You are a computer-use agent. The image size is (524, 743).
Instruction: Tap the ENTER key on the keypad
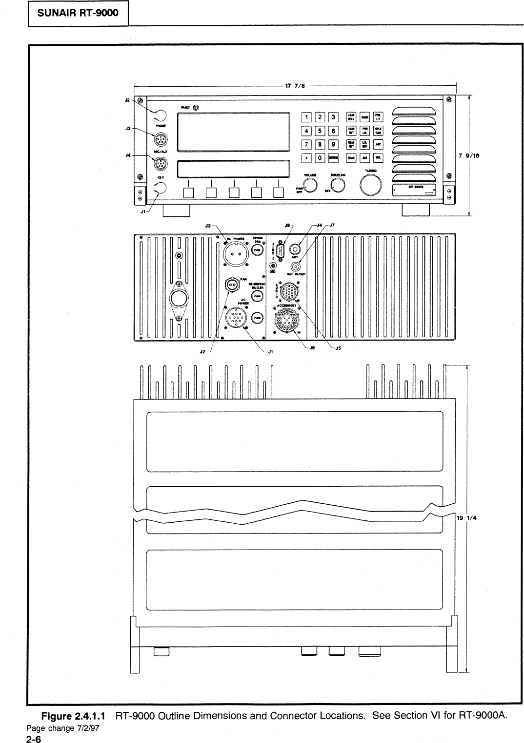[334, 158]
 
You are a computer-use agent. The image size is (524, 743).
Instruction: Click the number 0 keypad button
[320, 158]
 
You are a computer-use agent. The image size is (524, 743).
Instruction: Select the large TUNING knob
[371, 185]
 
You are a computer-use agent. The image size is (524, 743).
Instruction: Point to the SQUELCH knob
[338, 184]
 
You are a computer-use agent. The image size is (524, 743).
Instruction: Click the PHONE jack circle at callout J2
[160, 115]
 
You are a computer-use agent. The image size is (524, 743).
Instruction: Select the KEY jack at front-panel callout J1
[160, 188]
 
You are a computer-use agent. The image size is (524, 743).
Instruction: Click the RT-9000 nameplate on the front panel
[415, 190]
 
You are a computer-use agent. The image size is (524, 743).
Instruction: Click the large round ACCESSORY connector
[286, 321]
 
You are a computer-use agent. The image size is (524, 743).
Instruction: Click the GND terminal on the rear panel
[273, 266]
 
